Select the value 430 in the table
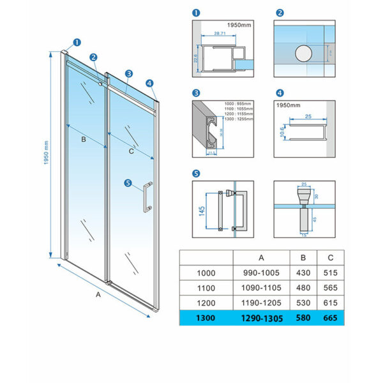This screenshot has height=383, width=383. click(x=303, y=272)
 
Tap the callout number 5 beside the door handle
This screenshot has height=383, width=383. click(x=128, y=184)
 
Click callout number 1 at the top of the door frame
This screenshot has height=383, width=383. click(x=77, y=43)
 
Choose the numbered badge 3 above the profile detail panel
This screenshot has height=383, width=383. click(x=196, y=93)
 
